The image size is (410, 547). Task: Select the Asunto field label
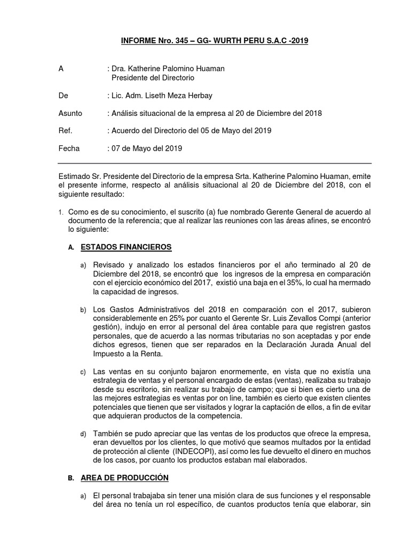[69, 113]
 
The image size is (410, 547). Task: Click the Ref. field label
[65, 130]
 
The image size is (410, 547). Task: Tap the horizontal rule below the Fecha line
[214, 163]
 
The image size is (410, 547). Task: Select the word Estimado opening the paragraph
[74, 177]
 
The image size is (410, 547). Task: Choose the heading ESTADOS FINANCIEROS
[126, 247]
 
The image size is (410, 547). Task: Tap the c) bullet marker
[82, 371]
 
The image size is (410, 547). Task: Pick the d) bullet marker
[82, 433]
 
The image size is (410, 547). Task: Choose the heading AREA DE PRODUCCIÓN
[124, 477]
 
